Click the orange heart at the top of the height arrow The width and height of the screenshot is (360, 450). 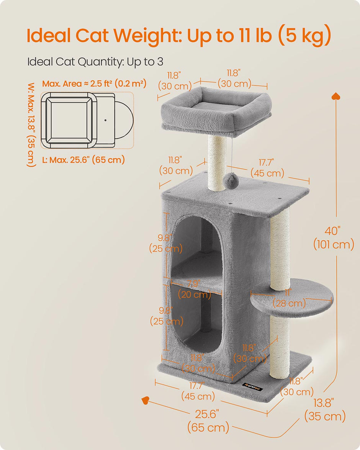tap(336, 96)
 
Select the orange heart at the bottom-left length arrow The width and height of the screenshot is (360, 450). tap(145, 400)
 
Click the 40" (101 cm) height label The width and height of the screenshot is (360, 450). tap(334, 237)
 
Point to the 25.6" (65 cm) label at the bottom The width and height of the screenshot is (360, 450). tap(208, 420)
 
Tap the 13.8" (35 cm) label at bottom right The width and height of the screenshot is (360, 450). tap(324, 409)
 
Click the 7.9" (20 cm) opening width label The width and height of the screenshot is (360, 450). tap(195, 290)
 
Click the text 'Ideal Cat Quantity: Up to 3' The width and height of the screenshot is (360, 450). tap(95, 62)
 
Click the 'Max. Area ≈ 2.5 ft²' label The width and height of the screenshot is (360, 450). tap(94, 83)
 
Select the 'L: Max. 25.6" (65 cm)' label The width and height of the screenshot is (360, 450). tap(83, 159)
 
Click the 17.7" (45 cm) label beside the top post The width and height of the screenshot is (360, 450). tap(268, 168)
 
